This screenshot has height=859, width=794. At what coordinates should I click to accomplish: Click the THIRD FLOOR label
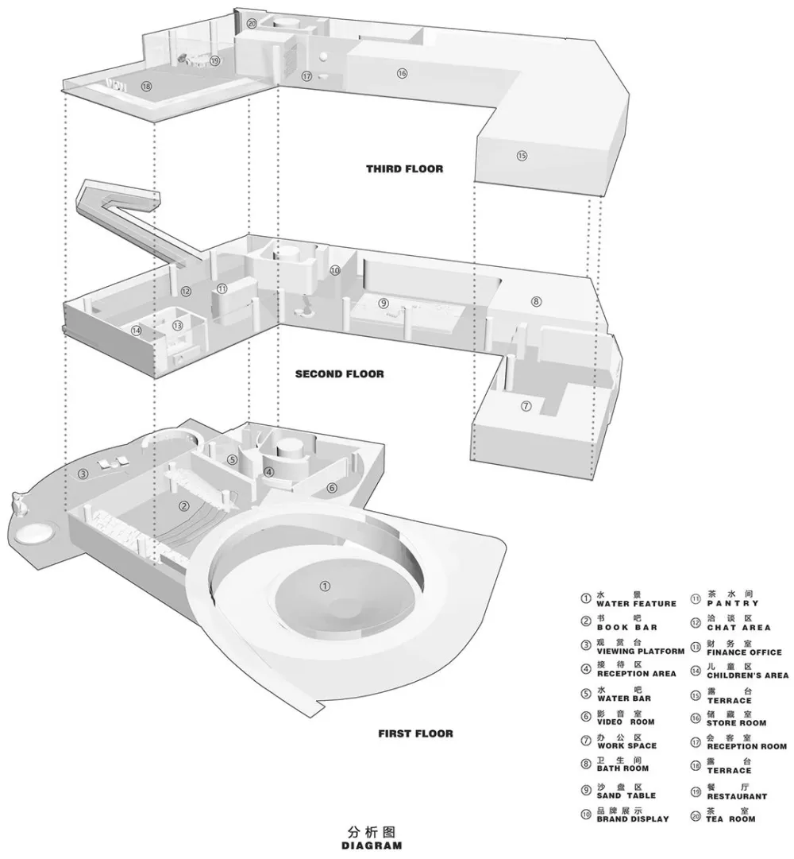404,168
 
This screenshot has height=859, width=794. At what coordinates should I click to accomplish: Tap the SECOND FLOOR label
339,373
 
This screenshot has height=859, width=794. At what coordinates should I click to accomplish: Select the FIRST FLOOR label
415,733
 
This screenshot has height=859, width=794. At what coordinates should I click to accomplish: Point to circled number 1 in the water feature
324,586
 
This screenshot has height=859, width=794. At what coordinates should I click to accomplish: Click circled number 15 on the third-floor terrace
522,156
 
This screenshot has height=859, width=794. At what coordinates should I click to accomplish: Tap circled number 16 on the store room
402,73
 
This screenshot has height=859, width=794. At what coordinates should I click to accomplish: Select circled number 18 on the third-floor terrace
146,87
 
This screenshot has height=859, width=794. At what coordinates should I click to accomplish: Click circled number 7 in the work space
526,406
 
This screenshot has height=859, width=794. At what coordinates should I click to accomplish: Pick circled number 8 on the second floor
537,301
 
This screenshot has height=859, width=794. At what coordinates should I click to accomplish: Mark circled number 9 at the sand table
384,303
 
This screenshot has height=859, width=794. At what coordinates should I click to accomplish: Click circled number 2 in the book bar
183,505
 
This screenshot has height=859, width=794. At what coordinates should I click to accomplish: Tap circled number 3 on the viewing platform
83,475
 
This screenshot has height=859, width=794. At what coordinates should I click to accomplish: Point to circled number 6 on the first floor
332,487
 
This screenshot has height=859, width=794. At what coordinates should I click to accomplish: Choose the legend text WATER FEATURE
636,604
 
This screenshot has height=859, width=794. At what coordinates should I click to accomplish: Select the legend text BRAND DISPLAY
632,818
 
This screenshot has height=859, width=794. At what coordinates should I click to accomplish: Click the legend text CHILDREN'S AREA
747,675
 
